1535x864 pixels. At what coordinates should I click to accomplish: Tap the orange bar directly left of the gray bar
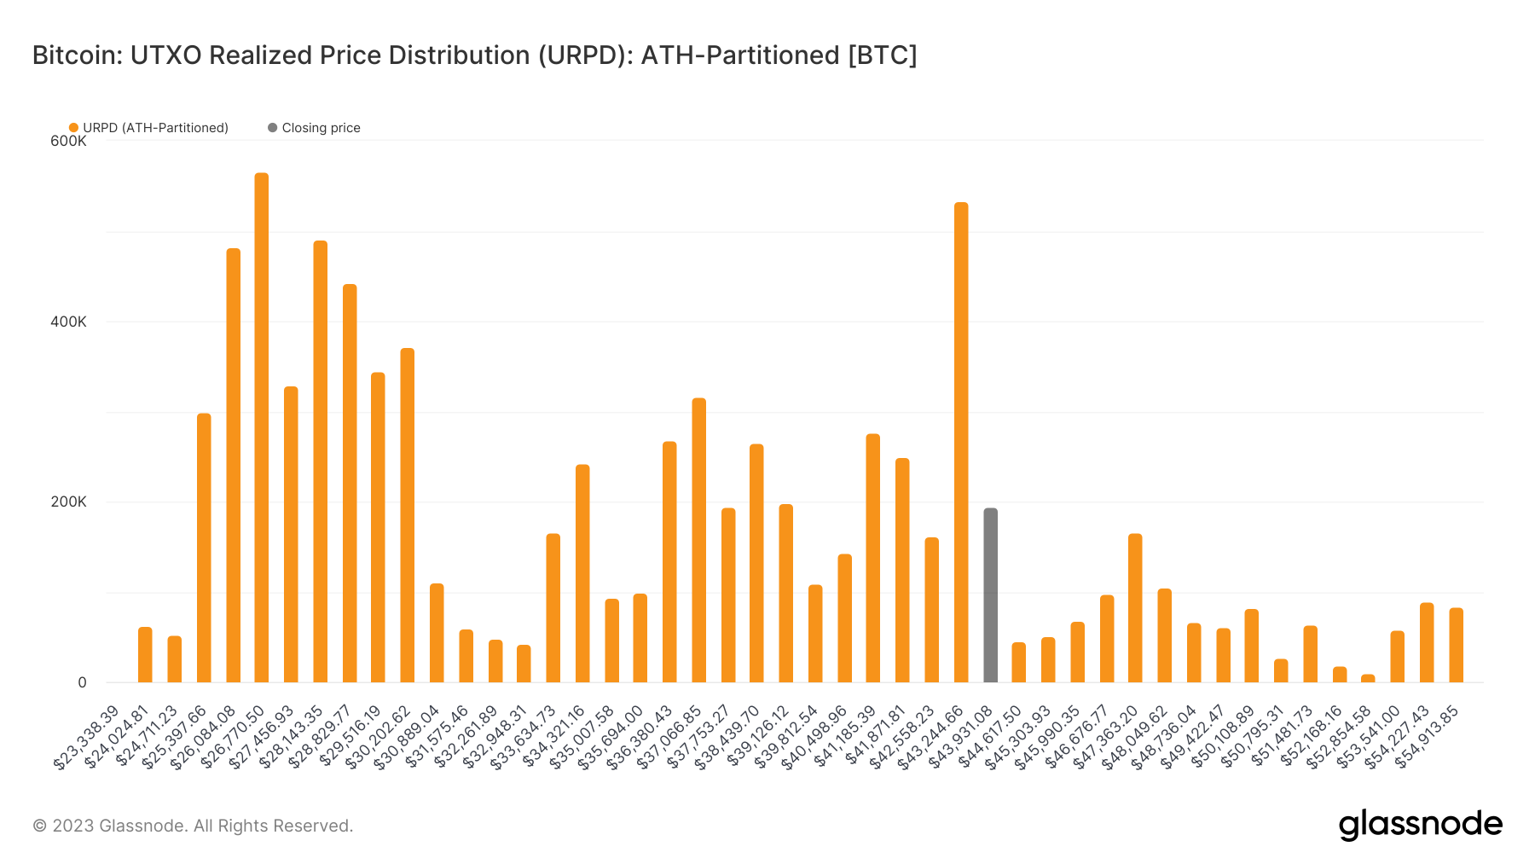tap(961, 443)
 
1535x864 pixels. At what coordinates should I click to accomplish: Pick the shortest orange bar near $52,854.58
tap(1368, 678)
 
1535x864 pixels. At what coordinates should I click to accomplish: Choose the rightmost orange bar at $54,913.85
tap(1456, 645)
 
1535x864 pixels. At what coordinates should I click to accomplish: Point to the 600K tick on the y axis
tap(68, 142)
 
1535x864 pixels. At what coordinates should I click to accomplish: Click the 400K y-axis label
tap(68, 322)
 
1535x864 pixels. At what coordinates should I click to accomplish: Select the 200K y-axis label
tap(68, 502)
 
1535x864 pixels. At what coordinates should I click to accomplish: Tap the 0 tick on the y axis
tap(82, 682)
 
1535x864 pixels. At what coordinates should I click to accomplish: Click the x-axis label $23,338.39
tap(87, 737)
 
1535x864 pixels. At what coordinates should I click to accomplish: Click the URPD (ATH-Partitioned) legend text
tap(155, 128)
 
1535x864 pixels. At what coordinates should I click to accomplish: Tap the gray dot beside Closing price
tap(272, 128)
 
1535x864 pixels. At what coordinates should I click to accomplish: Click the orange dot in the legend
tap(73, 128)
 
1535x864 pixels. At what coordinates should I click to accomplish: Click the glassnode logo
tap(1420, 825)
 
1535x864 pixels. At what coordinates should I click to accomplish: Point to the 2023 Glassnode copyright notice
tap(193, 826)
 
